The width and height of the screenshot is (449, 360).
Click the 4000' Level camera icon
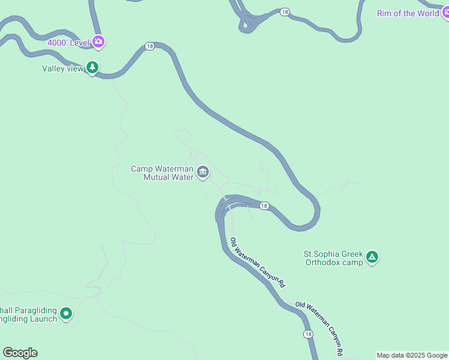(99, 42)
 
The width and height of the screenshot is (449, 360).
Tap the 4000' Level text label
(68, 43)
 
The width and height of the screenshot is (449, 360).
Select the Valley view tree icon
(92, 68)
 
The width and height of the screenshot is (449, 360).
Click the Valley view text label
(62, 68)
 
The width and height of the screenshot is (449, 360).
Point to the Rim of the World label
(408, 13)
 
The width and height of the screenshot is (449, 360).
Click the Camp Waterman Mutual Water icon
(203, 173)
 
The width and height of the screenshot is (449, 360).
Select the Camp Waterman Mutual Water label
(162, 173)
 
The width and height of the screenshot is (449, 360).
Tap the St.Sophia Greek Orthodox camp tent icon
(372, 257)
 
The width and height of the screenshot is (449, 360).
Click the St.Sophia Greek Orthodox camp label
(333, 258)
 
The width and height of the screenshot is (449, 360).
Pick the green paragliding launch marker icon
(66, 313)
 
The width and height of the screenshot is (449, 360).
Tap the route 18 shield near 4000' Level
(149, 46)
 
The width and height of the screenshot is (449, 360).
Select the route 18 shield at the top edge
(285, 11)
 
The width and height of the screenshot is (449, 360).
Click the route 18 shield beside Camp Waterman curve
(264, 206)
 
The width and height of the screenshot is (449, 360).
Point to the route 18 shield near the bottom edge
(308, 334)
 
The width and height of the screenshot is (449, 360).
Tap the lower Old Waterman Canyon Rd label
(321, 326)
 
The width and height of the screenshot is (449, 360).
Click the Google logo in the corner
(20, 353)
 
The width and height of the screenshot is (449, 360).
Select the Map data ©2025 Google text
(412, 355)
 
